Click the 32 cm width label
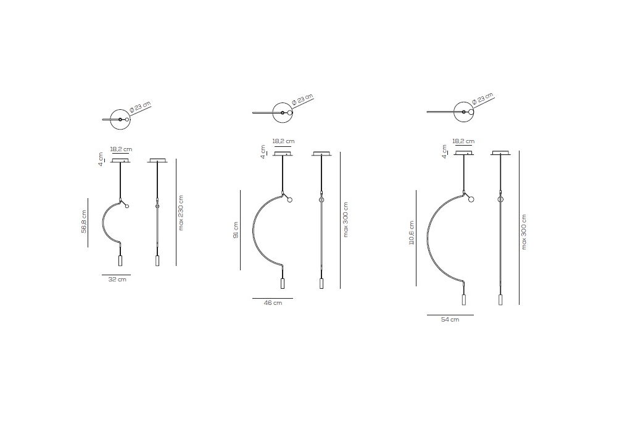pyautogui.click(x=117, y=280)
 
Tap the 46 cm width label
pyautogui.click(x=273, y=303)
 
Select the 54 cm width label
pyautogui.click(x=450, y=320)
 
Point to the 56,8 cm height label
pyautogui.click(x=84, y=222)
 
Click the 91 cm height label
pyautogui.click(x=236, y=230)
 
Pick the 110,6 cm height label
pyautogui.click(x=412, y=233)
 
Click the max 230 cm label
pyautogui.click(x=181, y=213)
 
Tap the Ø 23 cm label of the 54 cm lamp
pyautogui.click(x=482, y=98)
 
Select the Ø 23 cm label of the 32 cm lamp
pyautogui.click(x=140, y=107)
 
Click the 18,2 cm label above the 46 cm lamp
pyautogui.click(x=283, y=141)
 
